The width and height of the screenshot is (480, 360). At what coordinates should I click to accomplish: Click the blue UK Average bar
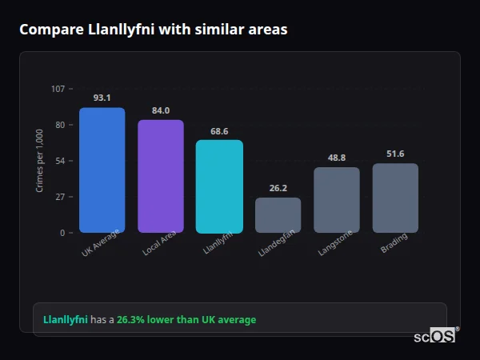coord(102,170)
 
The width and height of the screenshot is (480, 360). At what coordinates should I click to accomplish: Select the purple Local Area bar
coord(161,176)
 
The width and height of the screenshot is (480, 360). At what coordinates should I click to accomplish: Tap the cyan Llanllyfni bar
coord(219,186)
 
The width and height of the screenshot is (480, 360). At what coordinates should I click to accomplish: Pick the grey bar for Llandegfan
coord(278,215)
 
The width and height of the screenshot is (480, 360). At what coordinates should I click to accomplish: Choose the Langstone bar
coord(337,200)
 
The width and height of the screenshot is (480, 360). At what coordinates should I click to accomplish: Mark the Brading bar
coord(395,198)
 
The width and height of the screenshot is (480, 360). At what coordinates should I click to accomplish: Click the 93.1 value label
coord(102,98)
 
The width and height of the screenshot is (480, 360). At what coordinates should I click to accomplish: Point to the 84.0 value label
coord(161,110)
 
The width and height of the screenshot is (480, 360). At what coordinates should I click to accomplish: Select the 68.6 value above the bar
coord(219,131)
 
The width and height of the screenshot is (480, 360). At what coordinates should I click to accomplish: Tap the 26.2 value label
coord(278,188)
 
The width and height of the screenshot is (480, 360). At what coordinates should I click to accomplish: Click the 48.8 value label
coord(337,158)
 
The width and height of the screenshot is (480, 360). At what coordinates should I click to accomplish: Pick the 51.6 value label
coord(395,154)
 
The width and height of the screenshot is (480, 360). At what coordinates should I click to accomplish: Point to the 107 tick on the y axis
coord(58,89)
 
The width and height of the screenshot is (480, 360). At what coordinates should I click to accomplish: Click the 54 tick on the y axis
coord(60,161)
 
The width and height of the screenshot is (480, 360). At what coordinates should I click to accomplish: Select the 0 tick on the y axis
coord(62,233)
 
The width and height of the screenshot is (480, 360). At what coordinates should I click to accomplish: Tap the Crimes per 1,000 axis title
coord(40,160)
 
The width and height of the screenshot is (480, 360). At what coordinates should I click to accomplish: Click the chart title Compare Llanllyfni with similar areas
coord(153,30)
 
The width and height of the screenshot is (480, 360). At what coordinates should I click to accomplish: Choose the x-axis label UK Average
coord(101,244)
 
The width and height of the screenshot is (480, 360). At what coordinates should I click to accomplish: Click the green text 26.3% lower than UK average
coord(186,320)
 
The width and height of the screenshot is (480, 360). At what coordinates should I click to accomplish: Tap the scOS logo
coord(435,336)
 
